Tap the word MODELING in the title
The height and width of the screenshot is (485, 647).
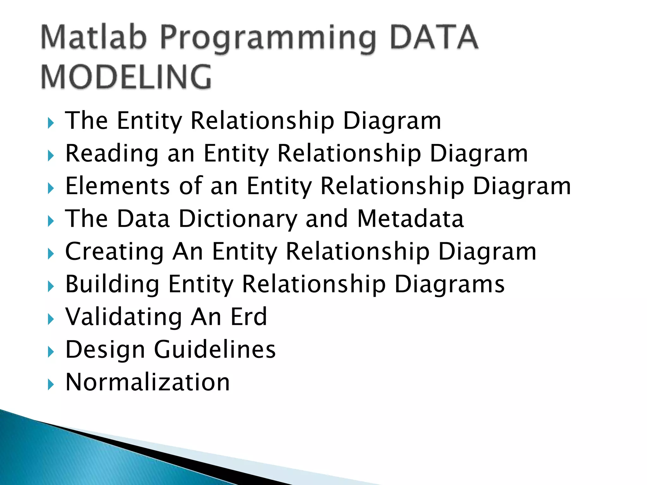click(126, 77)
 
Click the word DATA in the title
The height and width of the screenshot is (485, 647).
click(434, 38)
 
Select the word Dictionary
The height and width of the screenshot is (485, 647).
click(238, 219)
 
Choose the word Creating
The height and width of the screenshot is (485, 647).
click(114, 252)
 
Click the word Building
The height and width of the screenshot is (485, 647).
click(112, 284)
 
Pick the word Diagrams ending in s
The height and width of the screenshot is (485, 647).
click(450, 284)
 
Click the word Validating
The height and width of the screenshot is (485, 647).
click(124, 317)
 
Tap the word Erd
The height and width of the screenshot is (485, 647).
click(249, 317)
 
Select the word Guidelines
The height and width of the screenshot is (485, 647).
click(215, 350)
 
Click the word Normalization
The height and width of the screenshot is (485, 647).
click(148, 382)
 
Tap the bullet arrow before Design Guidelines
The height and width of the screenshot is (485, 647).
click(51, 352)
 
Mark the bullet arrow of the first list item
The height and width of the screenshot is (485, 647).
click(51, 123)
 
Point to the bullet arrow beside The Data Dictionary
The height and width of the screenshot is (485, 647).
click(51, 221)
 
